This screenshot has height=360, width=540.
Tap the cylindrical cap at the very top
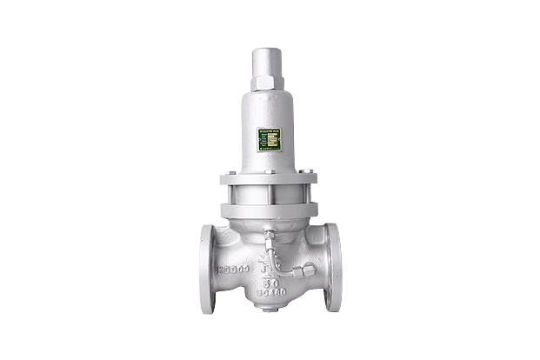[269, 63]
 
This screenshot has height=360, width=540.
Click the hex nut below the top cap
[269, 84]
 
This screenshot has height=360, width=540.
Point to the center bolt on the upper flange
[269, 171]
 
